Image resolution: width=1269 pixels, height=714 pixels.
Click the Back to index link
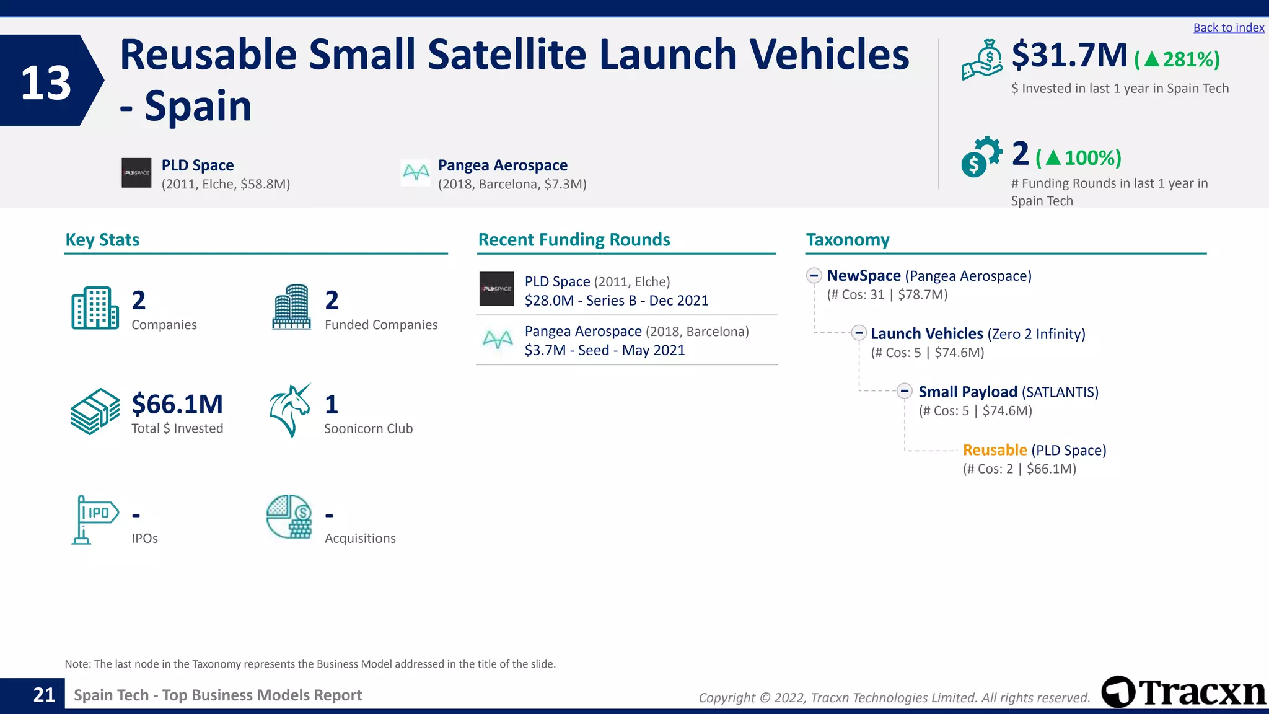(x=1228, y=28)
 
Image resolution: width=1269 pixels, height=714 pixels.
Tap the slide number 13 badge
(x=46, y=82)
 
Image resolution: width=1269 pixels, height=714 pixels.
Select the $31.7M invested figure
(x=1069, y=55)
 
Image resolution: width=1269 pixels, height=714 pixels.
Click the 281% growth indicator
(x=1177, y=59)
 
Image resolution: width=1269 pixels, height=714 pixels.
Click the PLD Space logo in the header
(x=136, y=173)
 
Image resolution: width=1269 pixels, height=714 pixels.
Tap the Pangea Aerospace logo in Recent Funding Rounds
(x=497, y=340)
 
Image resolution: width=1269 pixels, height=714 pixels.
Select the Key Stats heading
(x=102, y=240)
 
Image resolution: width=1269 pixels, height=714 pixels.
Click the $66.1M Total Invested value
(x=177, y=404)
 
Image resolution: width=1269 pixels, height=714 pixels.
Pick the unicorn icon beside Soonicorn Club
(x=290, y=410)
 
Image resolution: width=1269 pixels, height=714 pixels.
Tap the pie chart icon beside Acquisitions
(x=289, y=516)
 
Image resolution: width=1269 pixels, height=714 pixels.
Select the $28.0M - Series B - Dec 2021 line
(x=616, y=301)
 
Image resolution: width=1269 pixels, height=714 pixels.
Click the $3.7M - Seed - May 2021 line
(x=604, y=350)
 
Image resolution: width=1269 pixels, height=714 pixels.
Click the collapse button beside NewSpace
(x=814, y=276)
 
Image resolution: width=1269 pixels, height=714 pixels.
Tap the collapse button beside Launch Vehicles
(x=858, y=333)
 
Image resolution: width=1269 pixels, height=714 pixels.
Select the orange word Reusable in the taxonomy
(x=995, y=450)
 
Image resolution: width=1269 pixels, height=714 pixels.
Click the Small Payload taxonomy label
(x=967, y=392)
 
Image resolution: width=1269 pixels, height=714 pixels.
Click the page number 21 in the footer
(x=44, y=695)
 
